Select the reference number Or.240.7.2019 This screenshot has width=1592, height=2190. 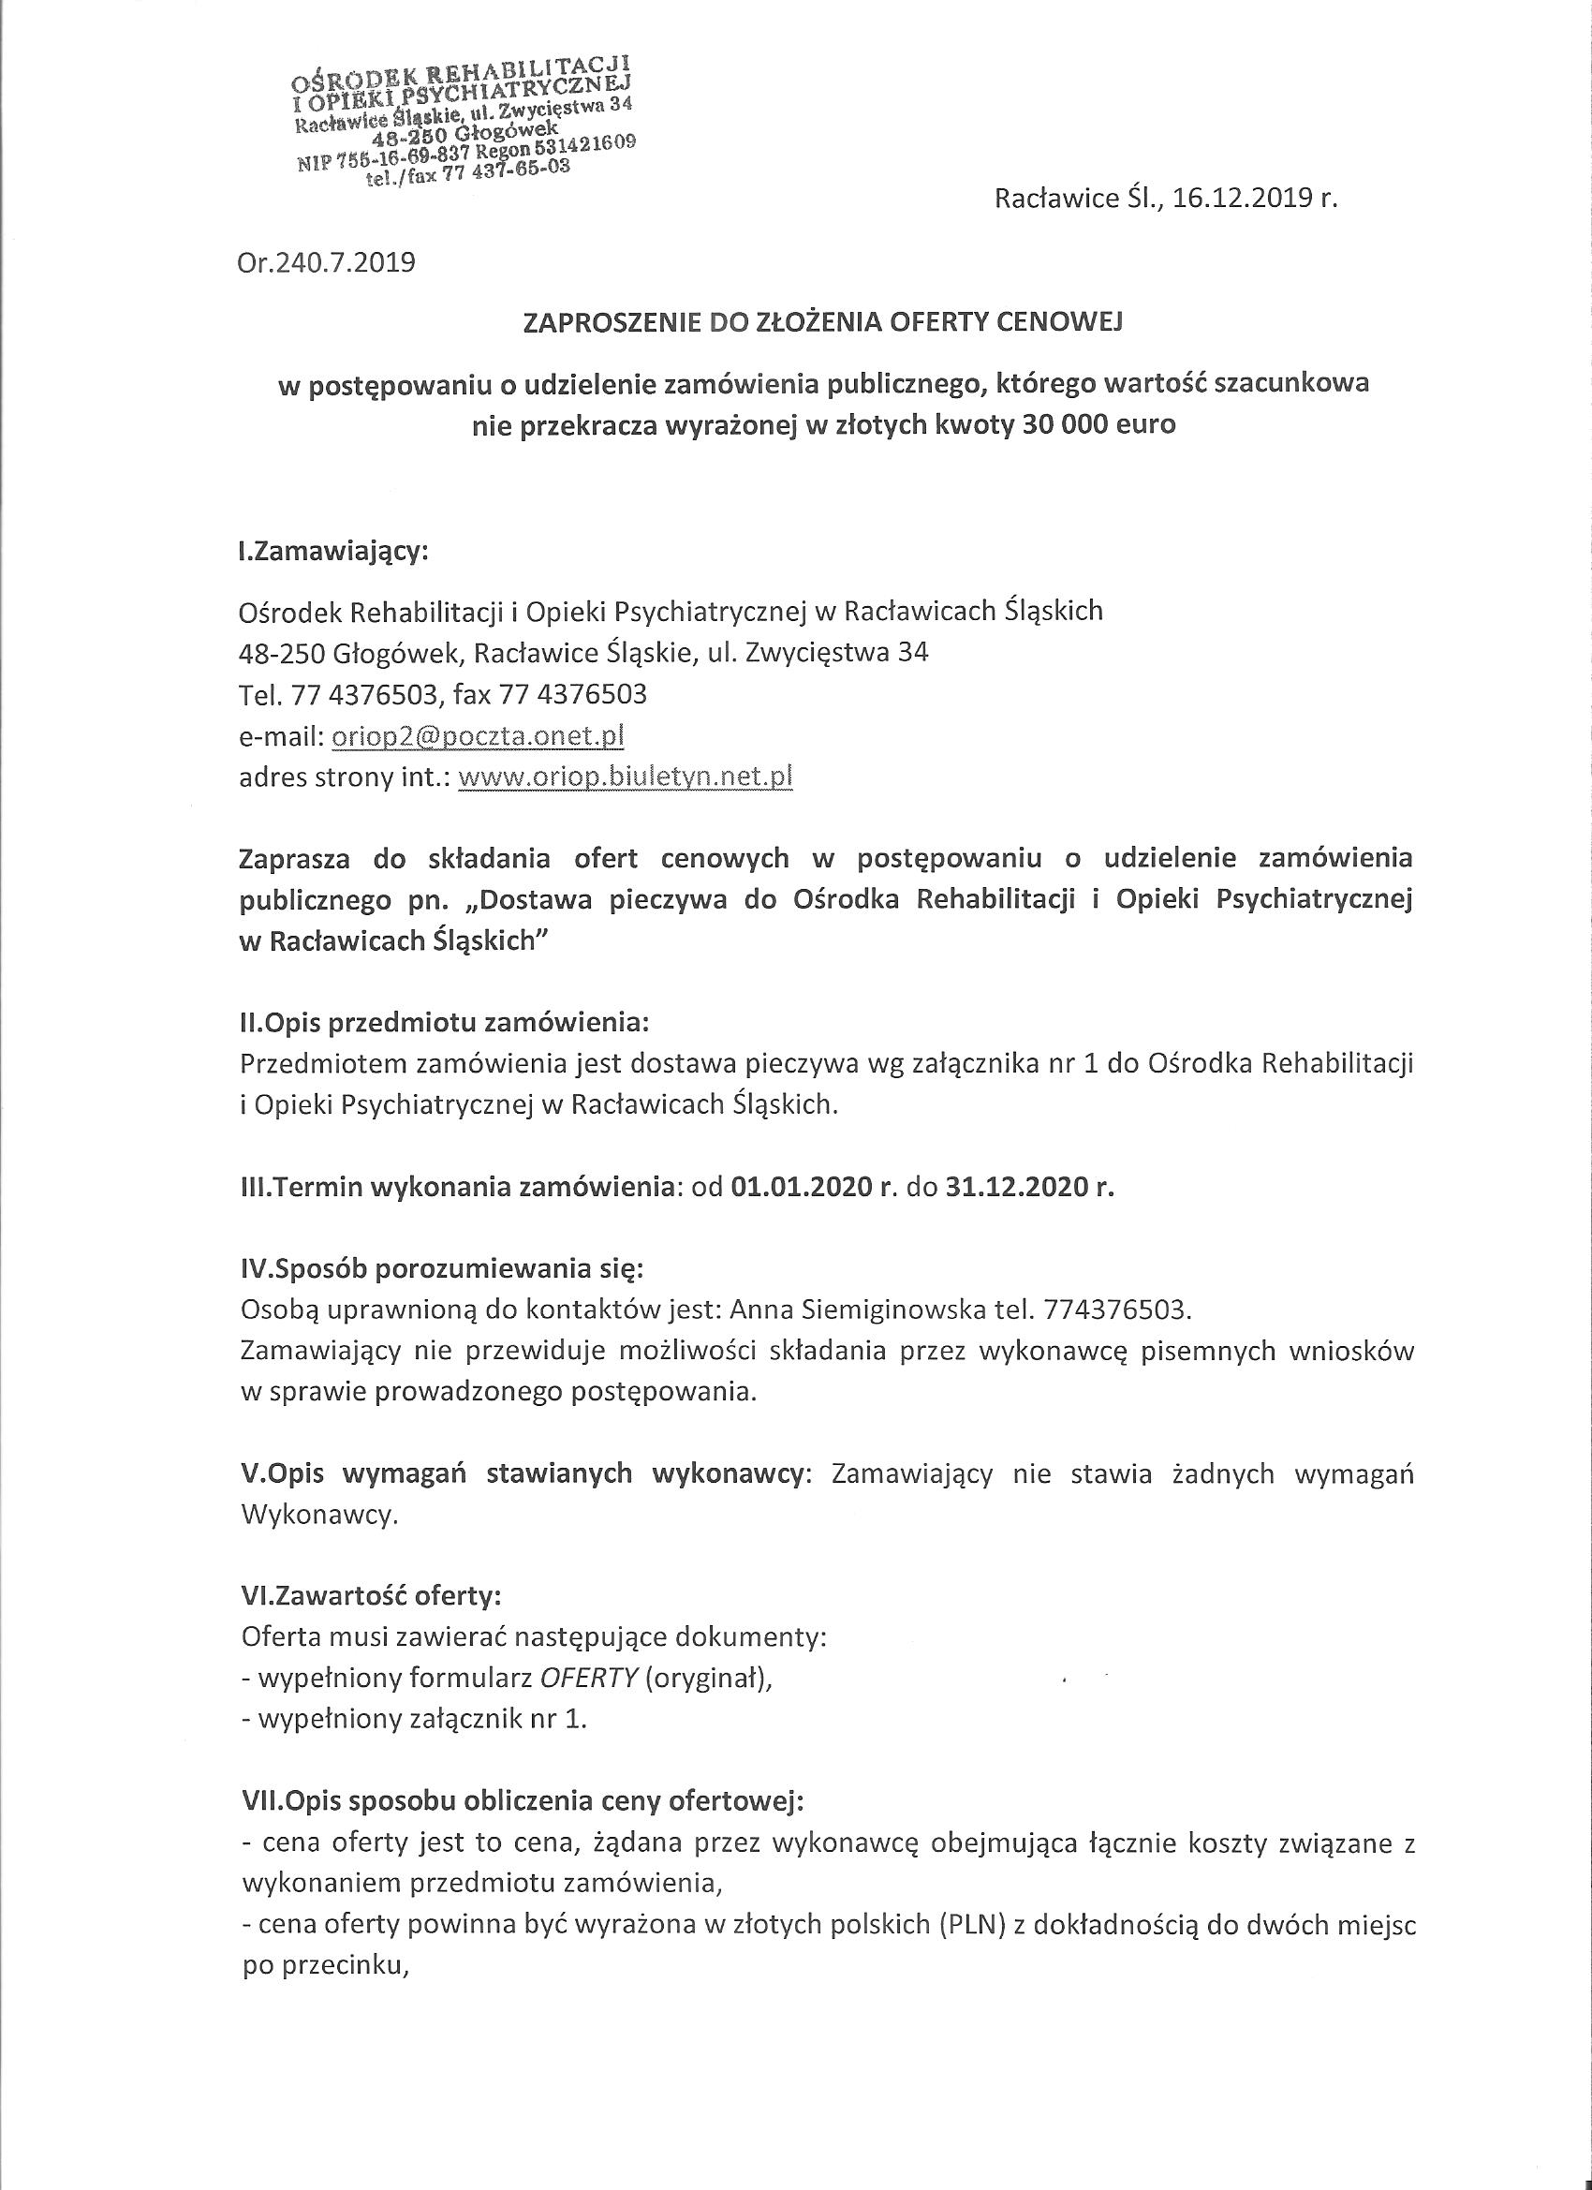click(x=326, y=262)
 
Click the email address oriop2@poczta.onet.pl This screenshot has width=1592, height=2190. click(x=478, y=736)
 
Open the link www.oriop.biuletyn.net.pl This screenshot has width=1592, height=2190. click(x=626, y=777)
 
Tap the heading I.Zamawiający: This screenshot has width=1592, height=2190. click(x=333, y=552)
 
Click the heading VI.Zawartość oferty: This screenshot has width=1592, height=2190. click(x=370, y=1595)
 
